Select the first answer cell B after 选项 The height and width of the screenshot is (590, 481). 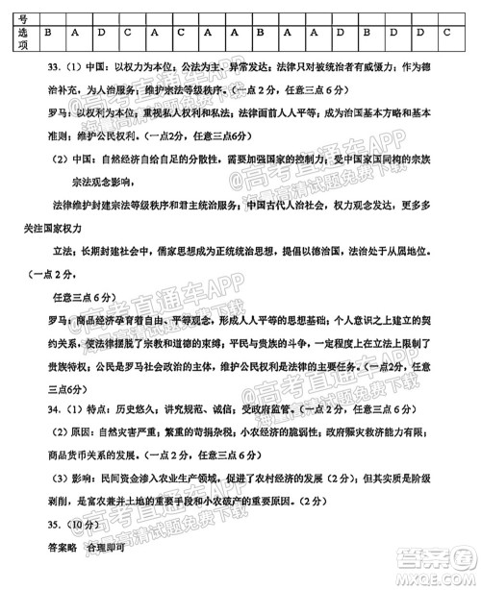click(x=48, y=33)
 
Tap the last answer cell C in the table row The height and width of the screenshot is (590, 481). click(x=445, y=33)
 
